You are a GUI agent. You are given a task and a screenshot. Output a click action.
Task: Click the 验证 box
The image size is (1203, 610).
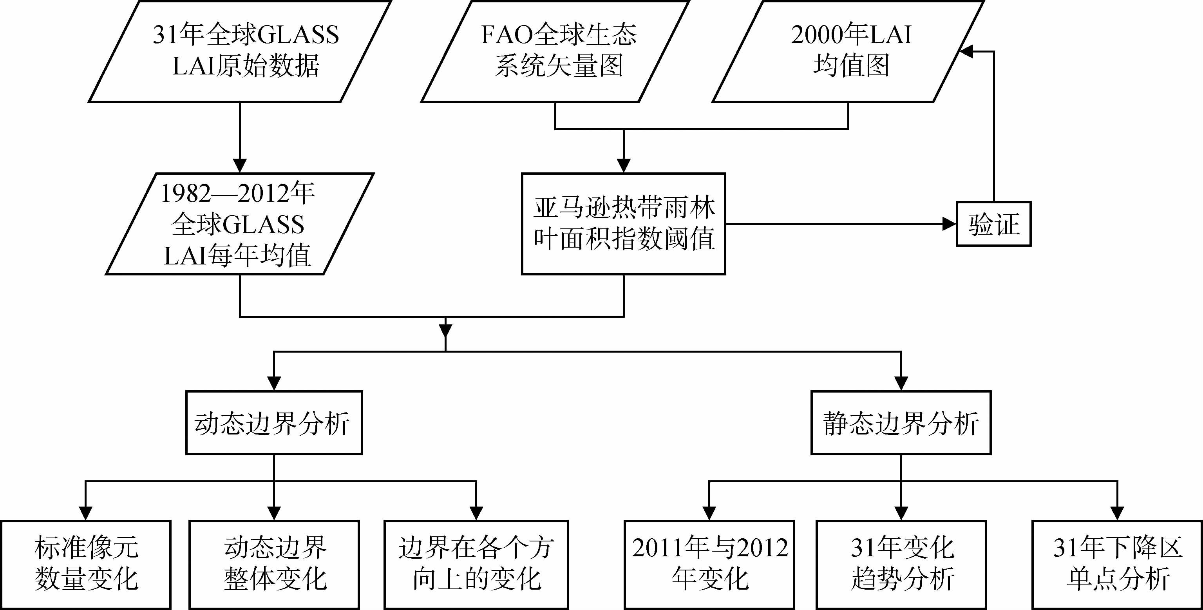coord(993,224)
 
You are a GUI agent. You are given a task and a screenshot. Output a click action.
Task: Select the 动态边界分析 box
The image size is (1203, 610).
coord(274,423)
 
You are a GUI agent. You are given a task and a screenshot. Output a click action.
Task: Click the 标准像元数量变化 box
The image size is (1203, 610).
coord(86,564)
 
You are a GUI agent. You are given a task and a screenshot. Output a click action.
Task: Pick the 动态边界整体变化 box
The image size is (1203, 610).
coord(274,564)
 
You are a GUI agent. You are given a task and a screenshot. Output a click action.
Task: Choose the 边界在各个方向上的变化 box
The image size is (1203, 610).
coord(476,564)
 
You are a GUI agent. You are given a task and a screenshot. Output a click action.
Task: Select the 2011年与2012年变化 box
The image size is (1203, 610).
coord(709,564)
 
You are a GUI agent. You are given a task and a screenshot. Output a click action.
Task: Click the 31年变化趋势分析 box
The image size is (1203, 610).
coord(901,564)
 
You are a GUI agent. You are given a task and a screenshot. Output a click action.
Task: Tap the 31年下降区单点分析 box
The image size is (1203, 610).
coord(1118,564)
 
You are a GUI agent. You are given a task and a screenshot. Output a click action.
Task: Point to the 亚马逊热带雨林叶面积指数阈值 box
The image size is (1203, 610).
coord(624,224)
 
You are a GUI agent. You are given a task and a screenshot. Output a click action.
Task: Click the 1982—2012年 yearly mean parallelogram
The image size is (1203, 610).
coord(240,224)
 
